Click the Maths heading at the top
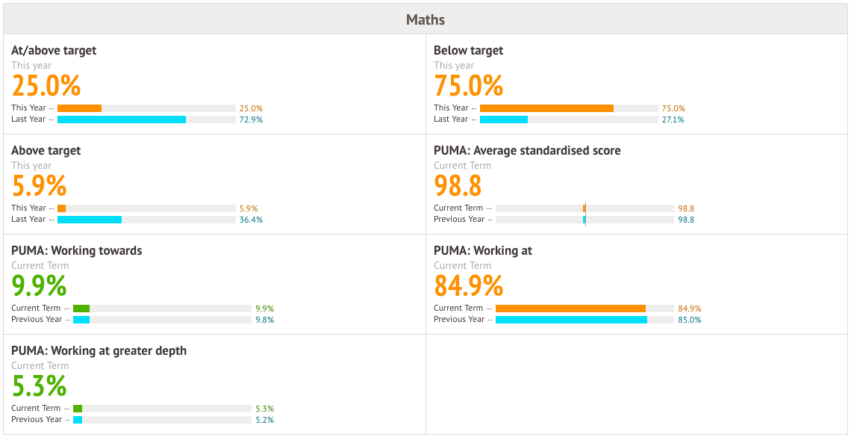[425, 19]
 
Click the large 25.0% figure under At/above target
[46, 86]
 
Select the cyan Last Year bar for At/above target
[122, 120]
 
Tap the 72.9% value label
[251, 120]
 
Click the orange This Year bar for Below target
[546, 108]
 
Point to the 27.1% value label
[673, 120]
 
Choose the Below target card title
[469, 51]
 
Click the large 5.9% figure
[40, 186]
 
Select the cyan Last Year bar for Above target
[90, 220]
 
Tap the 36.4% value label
[251, 220]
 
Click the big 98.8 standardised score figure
[458, 186]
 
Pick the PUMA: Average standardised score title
[527, 151]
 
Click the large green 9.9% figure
[40, 286]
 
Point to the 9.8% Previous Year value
[265, 320]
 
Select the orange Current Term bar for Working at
[570, 309]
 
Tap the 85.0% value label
[690, 320]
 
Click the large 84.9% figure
[469, 286]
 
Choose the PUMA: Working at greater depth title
[99, 351]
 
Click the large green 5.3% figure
[40, 386]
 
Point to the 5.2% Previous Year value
[265, 420]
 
